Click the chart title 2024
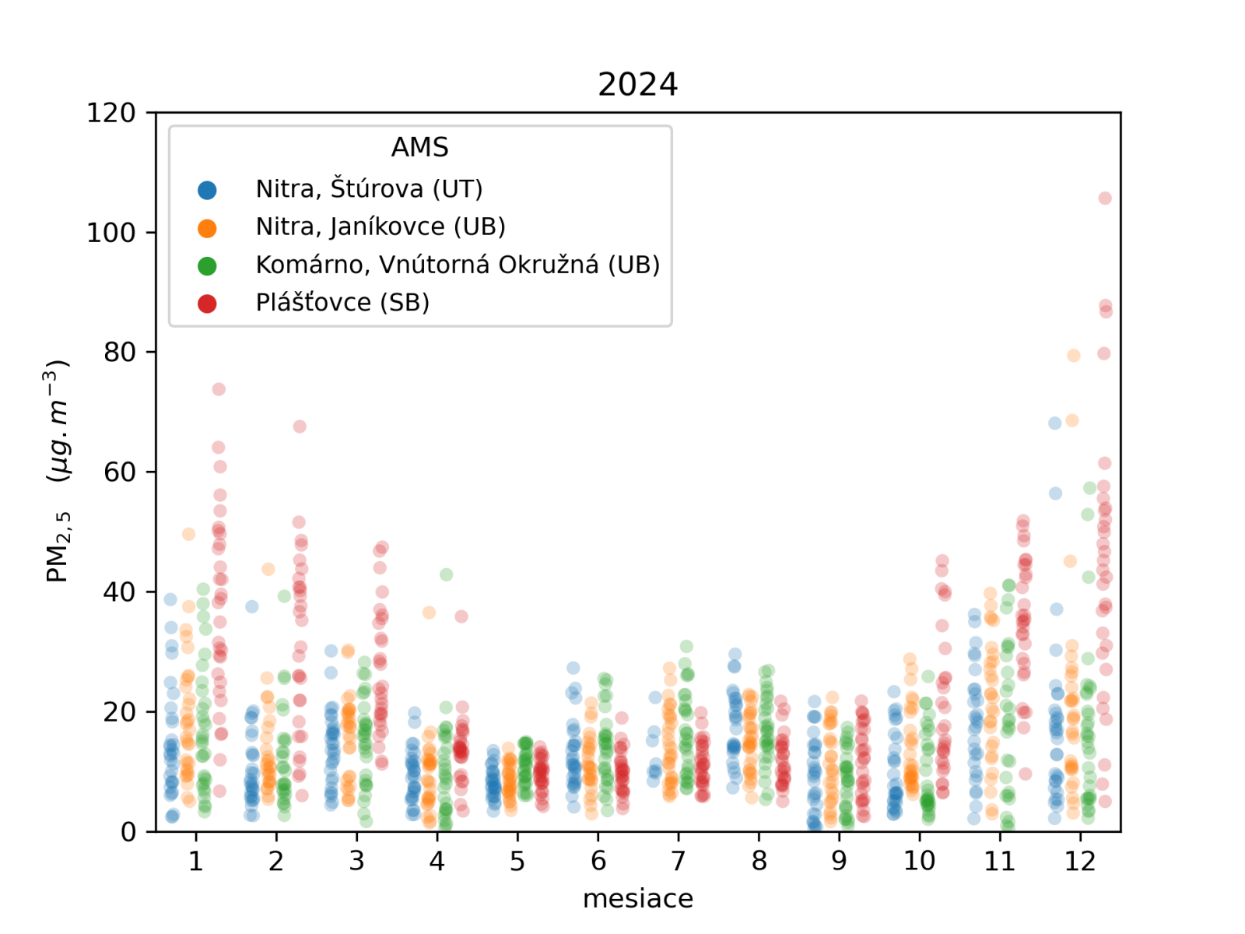pyautogui.click(x=637, y=84)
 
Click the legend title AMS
pyautogui.click(x=419, y=147)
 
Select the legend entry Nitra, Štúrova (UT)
pyautogui.click(x=369, y=189)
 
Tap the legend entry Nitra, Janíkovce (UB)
pyautogui.click(x=381, y=226)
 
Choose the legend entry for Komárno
pyautogui.click(x=458, y=265)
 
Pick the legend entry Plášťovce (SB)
pyautogui.click(x=342, y=302)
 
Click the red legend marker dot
pyautogui.click(x=207, y=304)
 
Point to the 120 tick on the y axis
pyautogui.click(x=110, y=113)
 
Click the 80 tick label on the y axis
pyautogui.click(x=119, y=353)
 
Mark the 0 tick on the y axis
pyautogui.click(x=128, y=832)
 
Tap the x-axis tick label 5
pyautogui.click(x=517, y=861)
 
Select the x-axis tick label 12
pyautogui.click(x=1080, y=861)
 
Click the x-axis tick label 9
pyautogui.click(x=839, y=861)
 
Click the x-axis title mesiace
pyautogui.click(x=637, y=898)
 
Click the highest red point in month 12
pyautogui.click(x=1105, y=198)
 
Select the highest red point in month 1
pyautogui.click(x=219, y=389)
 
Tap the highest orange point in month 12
pyautogui.click(x=1074, y=356)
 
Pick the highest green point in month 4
pyautogui.click(x=446, y=574)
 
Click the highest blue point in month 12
pyautogui.click(x=1054, y=423)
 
